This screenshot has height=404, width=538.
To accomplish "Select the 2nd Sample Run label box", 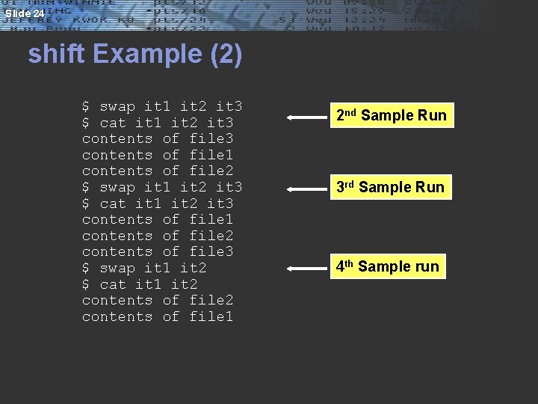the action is pyautogui.click(x=391, y=115).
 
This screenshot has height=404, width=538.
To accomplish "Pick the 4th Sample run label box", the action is pyautogui.click(x=387, y=266).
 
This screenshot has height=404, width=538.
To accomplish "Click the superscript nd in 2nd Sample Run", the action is pyautogui.click(x=350, y=112).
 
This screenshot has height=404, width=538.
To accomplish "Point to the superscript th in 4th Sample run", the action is pyautogui.click(x=349, y=263).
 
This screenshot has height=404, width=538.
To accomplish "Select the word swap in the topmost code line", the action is pyautogui.click(x=117, y=106).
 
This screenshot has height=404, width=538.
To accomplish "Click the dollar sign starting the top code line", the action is pyautogui.click(x=86, y=106).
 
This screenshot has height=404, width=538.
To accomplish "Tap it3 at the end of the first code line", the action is pyautogui.click(x=229, y=106).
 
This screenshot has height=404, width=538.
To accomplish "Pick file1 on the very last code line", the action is pyautogui.click(x=211, y=316).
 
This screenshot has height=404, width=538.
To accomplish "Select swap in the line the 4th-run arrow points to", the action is pyautogui.click(x=117, y=268).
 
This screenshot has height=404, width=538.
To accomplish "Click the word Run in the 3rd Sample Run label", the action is pyautogui.click(x=429, y=187).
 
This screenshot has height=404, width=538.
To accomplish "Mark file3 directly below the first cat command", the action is pyautogui.click(x=211, y=138).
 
